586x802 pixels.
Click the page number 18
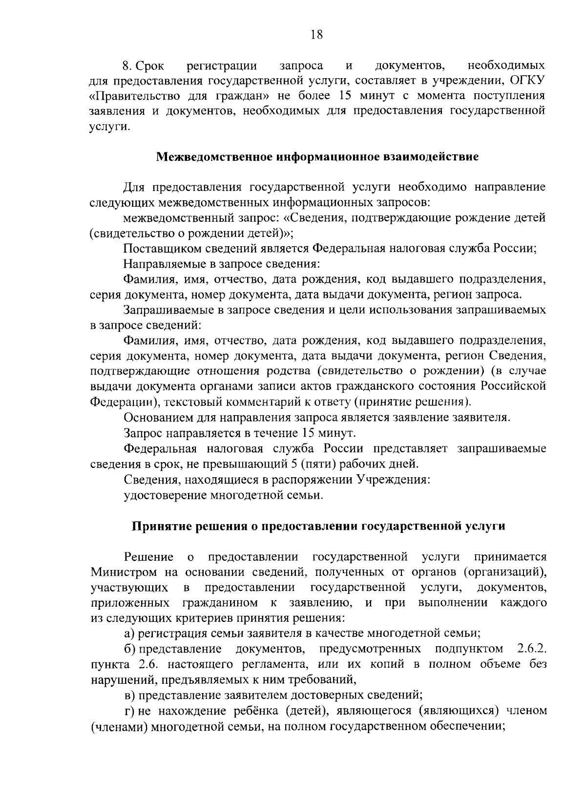point(316,35)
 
